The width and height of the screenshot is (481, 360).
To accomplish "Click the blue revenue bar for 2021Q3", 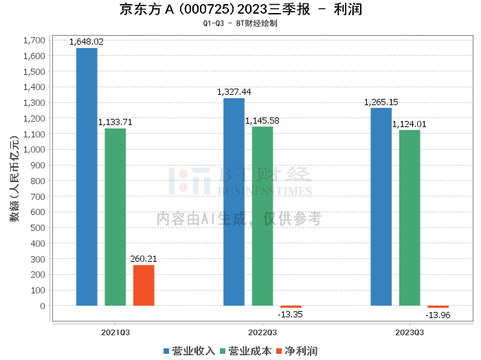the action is coord(87,177).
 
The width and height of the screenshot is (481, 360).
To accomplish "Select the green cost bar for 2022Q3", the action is coord(262,216).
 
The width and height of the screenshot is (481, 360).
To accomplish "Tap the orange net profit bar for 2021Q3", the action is coord(144,286).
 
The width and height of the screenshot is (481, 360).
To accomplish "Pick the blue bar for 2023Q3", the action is coord(381,207).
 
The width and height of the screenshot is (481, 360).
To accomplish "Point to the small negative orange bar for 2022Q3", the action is coord(291,306).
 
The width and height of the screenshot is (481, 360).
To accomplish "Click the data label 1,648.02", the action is coord(87,42).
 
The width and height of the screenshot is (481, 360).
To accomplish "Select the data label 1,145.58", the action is coord(262,121).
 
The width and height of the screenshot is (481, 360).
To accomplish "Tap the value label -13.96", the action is coord(438,315).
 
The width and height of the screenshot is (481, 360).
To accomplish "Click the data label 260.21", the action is coord(144,259).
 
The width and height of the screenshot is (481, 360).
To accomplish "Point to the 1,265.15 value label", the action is coord(381,102).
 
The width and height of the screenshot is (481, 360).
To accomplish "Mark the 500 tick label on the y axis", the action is coord(38,228).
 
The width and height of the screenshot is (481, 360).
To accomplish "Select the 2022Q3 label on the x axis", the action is coord(262,333).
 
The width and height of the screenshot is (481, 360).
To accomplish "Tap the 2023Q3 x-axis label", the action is coord(410,333).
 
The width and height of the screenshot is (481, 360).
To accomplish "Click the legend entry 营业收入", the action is coord(189,351).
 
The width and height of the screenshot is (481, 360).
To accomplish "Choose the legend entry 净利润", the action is coord(297,351).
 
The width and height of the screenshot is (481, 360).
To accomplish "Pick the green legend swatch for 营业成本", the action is coord(223,352).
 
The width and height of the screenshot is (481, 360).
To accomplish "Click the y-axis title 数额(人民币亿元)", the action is coord(14,179).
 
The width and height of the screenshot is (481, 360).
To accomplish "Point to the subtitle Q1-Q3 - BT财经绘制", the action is coord(240,23).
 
